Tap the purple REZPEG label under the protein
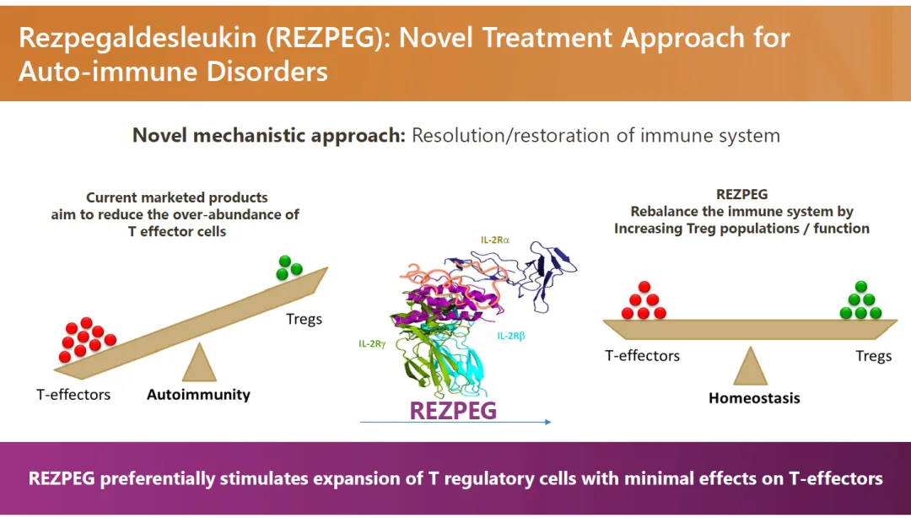click(x=453, y=410)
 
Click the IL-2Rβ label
click(x=510, y=337)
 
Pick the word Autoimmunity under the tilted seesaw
click(x=198, y=394)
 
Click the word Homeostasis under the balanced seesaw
click(x=754, y=397)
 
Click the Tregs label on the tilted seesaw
click(x=305, y=320)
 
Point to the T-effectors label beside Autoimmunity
click(x=73, y=394)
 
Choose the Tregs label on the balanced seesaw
click(x=873, y=356)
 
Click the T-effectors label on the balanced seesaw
click(x=642, y=356)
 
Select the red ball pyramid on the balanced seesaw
click(x=644, y=300)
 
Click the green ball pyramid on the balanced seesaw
click(x=861, y=300)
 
